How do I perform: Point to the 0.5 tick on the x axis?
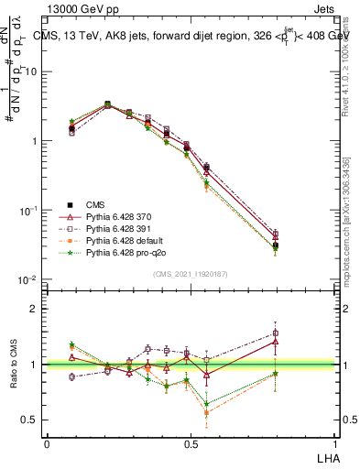click(x=191, y=442)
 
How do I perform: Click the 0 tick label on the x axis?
click(x=47, y=442)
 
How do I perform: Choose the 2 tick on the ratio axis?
click(x=34, y=309)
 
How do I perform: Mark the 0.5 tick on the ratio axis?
click(x=30, y=420)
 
